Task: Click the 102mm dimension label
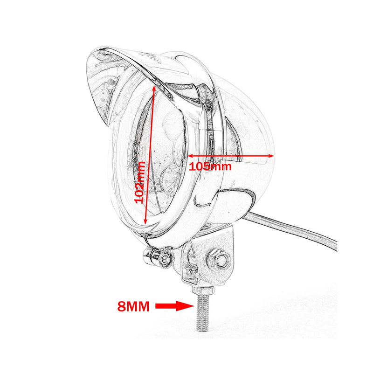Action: pyautogui.click(x=139, y=182)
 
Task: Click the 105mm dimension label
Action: pyautogui.click(x=210, y=166)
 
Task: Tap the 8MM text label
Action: pyautogui.click(x=133, y=306)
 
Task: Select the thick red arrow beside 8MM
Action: pyautogui.click(x=175, y=306)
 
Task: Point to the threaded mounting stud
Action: pyautogui.click(x=203, y=312)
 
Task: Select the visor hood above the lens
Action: pyautogui.click(x=133, y=78)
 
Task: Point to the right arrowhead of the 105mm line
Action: pyautogui.click(x=271, y=156)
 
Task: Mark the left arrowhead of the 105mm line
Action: pyautogui.click(x=191, y=156)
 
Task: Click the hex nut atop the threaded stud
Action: pyautogui.click(x=203, y=290)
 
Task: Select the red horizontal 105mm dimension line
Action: pyautogui.click(x=231, y=156)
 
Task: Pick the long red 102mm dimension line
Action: pyautogui.click(x=150, y=155)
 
